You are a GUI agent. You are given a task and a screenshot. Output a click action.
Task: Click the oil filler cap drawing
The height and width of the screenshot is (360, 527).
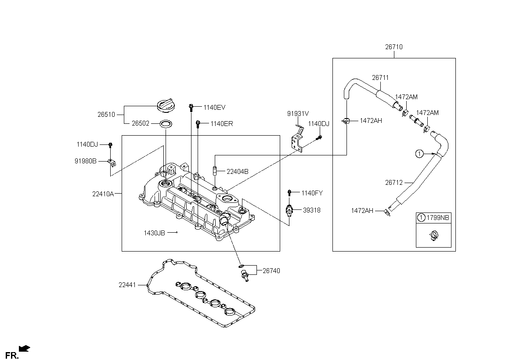point(166,106)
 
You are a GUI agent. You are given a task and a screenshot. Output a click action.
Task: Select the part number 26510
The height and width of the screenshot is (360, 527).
point(106,115)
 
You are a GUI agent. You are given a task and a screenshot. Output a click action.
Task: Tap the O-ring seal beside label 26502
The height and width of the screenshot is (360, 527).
point(166,123)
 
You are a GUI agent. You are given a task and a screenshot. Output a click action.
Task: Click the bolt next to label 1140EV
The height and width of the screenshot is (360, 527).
point(191,108)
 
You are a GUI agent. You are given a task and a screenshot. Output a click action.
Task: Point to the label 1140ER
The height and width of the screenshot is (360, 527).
point(222,124)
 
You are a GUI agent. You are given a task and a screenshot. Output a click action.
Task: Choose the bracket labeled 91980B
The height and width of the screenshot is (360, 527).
point(112,162)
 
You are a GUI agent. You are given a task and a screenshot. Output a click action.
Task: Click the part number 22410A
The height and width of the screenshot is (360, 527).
point(103,194)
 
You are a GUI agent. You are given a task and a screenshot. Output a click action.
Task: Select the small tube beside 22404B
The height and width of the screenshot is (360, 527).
point(215,170)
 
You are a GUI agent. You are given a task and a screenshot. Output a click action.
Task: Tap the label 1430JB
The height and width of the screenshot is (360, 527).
point(154,233)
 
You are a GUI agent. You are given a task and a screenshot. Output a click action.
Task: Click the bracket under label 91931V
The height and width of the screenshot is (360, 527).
point(297,140)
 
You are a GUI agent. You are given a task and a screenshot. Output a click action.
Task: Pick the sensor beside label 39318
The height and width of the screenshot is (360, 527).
point(289,210)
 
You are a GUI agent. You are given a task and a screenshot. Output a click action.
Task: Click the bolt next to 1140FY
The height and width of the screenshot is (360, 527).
point(289,193)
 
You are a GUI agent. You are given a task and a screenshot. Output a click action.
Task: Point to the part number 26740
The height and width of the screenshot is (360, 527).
point(271,271)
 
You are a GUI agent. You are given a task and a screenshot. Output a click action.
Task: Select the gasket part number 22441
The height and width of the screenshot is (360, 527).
point(127,285)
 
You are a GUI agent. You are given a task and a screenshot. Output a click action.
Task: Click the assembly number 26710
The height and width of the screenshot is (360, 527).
point(394,47)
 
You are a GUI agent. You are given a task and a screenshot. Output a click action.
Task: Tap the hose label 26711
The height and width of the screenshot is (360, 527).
point(380,78)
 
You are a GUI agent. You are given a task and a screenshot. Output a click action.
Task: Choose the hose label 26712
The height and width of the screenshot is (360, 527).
point(394,183)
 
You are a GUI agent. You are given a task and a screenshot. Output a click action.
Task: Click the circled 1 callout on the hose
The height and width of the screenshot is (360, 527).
point(419,154)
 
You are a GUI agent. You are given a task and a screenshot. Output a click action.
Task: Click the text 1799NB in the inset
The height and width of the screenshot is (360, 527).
point(437,217)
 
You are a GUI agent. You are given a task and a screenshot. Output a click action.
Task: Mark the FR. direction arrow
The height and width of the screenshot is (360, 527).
point(25,348)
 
